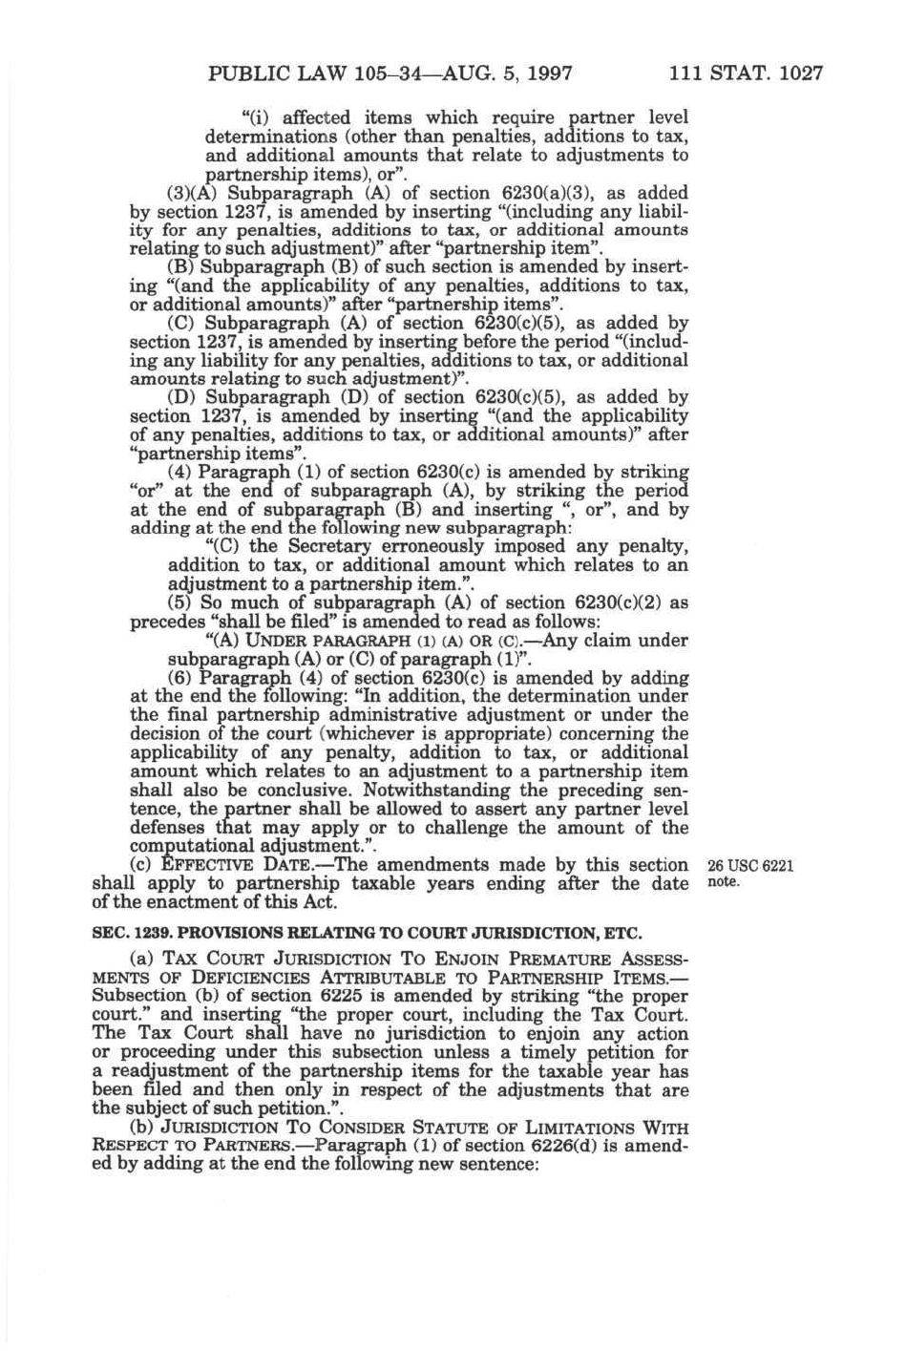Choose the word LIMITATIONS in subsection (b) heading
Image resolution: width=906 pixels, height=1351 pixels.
click(x=582, y=1128)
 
